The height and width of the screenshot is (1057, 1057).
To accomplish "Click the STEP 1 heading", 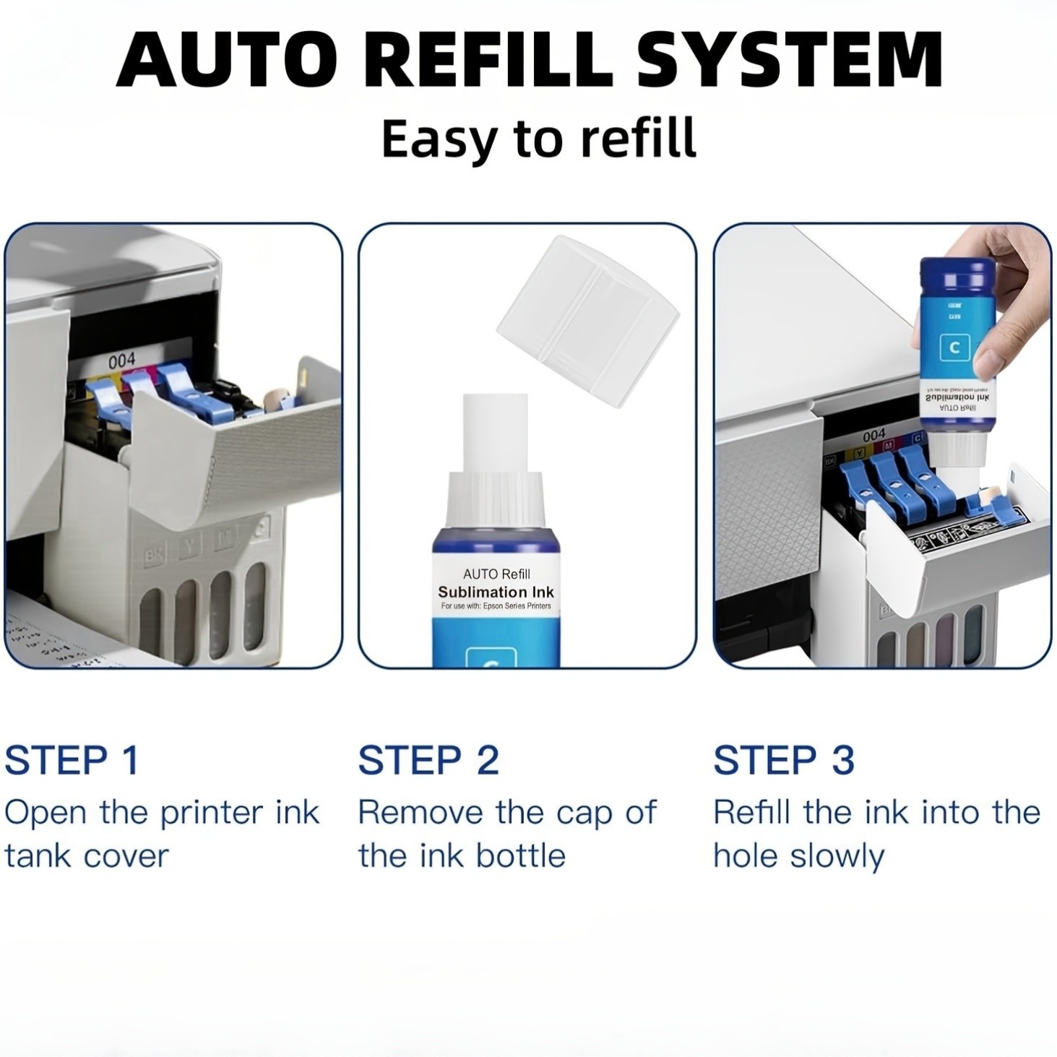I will pos(72,760).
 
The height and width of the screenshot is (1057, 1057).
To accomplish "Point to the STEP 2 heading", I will pos(428,760).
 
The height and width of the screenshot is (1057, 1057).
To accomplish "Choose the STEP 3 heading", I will pos(784,760).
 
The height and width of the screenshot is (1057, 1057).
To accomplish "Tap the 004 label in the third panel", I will pos(873,435).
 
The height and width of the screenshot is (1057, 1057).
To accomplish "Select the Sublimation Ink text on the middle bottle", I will pos(496,592).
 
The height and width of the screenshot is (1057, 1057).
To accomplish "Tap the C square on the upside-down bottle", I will pos(954,348).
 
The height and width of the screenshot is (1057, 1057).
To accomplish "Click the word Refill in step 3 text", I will pos(752,813).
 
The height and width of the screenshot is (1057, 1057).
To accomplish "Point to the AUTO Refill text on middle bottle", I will pos(496,574).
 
